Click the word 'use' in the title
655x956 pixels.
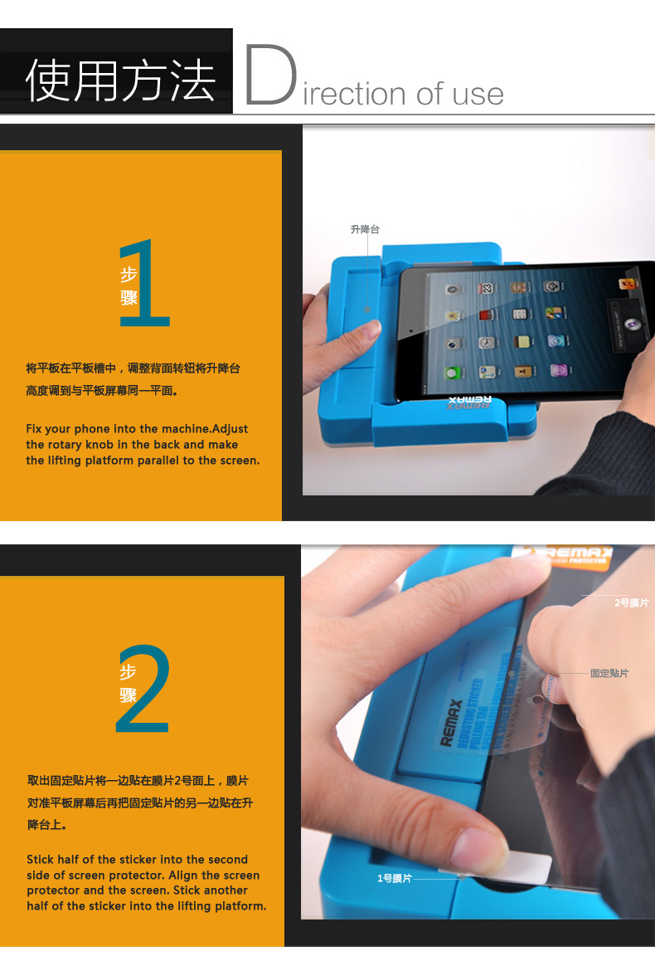(x=478, y=94)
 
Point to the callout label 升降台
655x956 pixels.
(x=364, y=229)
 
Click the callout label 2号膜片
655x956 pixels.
(x=631, y=602)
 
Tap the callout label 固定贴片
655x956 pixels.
(x=609, y=673)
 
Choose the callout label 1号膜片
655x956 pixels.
(x=394, y=878)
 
